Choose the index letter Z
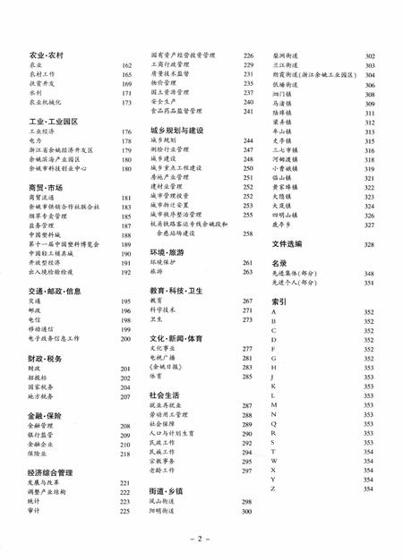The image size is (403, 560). pyautogui.click(x=273, y=488)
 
